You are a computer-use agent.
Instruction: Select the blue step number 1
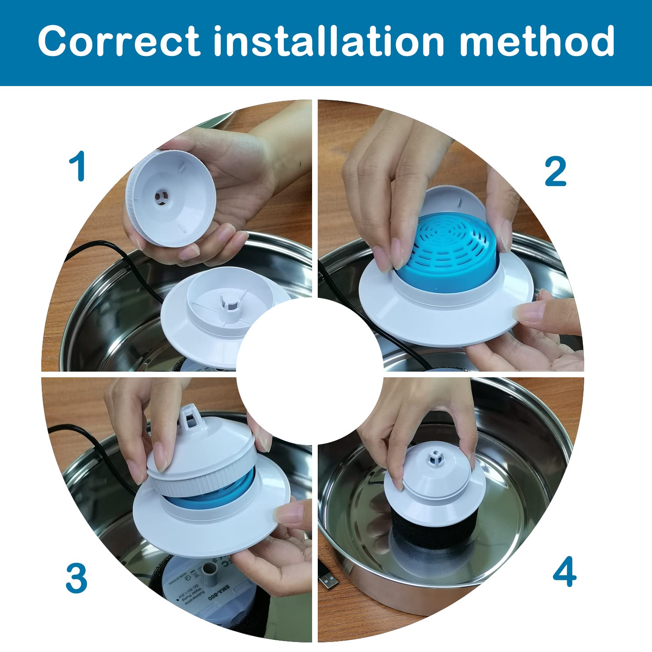click(78, 167)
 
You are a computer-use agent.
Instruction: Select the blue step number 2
click(556, 172)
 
